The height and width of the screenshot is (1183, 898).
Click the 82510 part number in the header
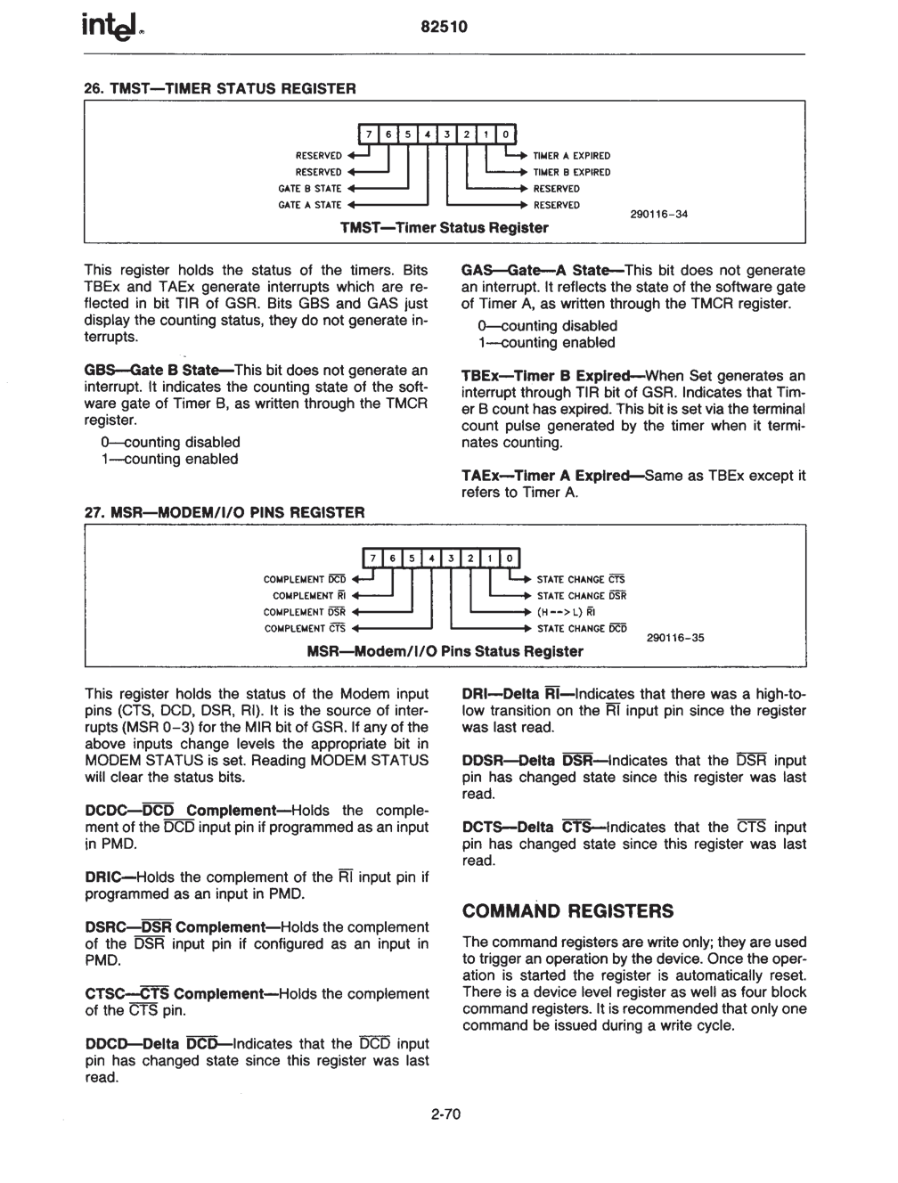444,28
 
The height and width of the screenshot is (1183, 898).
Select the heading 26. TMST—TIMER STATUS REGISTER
219,88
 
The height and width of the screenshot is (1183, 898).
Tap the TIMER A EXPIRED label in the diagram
571,156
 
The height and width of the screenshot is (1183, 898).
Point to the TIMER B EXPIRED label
571,172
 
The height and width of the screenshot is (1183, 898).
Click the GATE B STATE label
310,189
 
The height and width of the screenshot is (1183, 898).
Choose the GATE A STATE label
310,205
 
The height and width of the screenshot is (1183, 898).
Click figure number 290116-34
658,214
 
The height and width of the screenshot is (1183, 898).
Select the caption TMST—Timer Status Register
445,228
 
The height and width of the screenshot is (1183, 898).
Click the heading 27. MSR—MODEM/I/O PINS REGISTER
224,512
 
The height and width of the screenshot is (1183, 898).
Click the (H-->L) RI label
566,612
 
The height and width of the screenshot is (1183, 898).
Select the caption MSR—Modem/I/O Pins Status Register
445,651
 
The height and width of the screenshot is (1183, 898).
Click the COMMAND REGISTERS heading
568,911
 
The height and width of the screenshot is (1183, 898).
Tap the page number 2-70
445,1114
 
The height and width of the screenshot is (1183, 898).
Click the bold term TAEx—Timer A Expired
551,476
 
